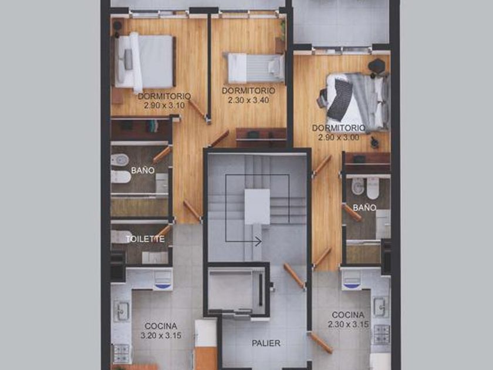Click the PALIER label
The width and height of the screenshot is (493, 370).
pyautogui.click(x=266, y=343)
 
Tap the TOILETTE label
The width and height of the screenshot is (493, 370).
pyautogui.click(x=146, y=239)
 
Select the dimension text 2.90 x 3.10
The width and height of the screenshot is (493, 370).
pyautogui.click(x=164, y=105)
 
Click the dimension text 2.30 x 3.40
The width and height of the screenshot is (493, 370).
pyautogui.click(x=248, y=100)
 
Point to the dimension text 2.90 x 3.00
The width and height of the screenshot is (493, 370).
pyautogui.click(x=339, y=137)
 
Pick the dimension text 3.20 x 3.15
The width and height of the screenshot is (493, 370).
pyautogui.click(x=161, y=335)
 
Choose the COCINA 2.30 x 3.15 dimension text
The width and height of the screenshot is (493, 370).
pyautogui.click(x=349, y=324)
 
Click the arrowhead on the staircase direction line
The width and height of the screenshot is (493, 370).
pyautogui.click(x=258, y=241)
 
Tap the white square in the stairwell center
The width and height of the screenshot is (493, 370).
pyautogui.click(x=257, y=207)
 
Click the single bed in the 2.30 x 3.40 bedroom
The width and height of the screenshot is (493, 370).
pyautogui.click(x=256, y=68)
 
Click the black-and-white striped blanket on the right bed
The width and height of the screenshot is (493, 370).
pyautogui.click(x=341, y=100)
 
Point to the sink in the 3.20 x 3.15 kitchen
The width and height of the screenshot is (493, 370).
pyautogui.click(x=121, y=311)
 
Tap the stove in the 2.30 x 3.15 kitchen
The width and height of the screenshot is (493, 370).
pyautogui.click(x=381, y=334)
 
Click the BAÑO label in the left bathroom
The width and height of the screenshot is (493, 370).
pyautogui.click(x=143, y=170)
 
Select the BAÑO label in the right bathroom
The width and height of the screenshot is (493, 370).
pyautogui.click(x=364, y=208)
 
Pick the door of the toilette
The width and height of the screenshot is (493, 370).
pyautogui.click(x=164, y=231)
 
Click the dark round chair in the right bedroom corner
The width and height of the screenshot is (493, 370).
pyautogui.click(x=376, y=66)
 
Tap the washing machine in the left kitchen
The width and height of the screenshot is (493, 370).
pyautogui.click(x=163, y=280)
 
